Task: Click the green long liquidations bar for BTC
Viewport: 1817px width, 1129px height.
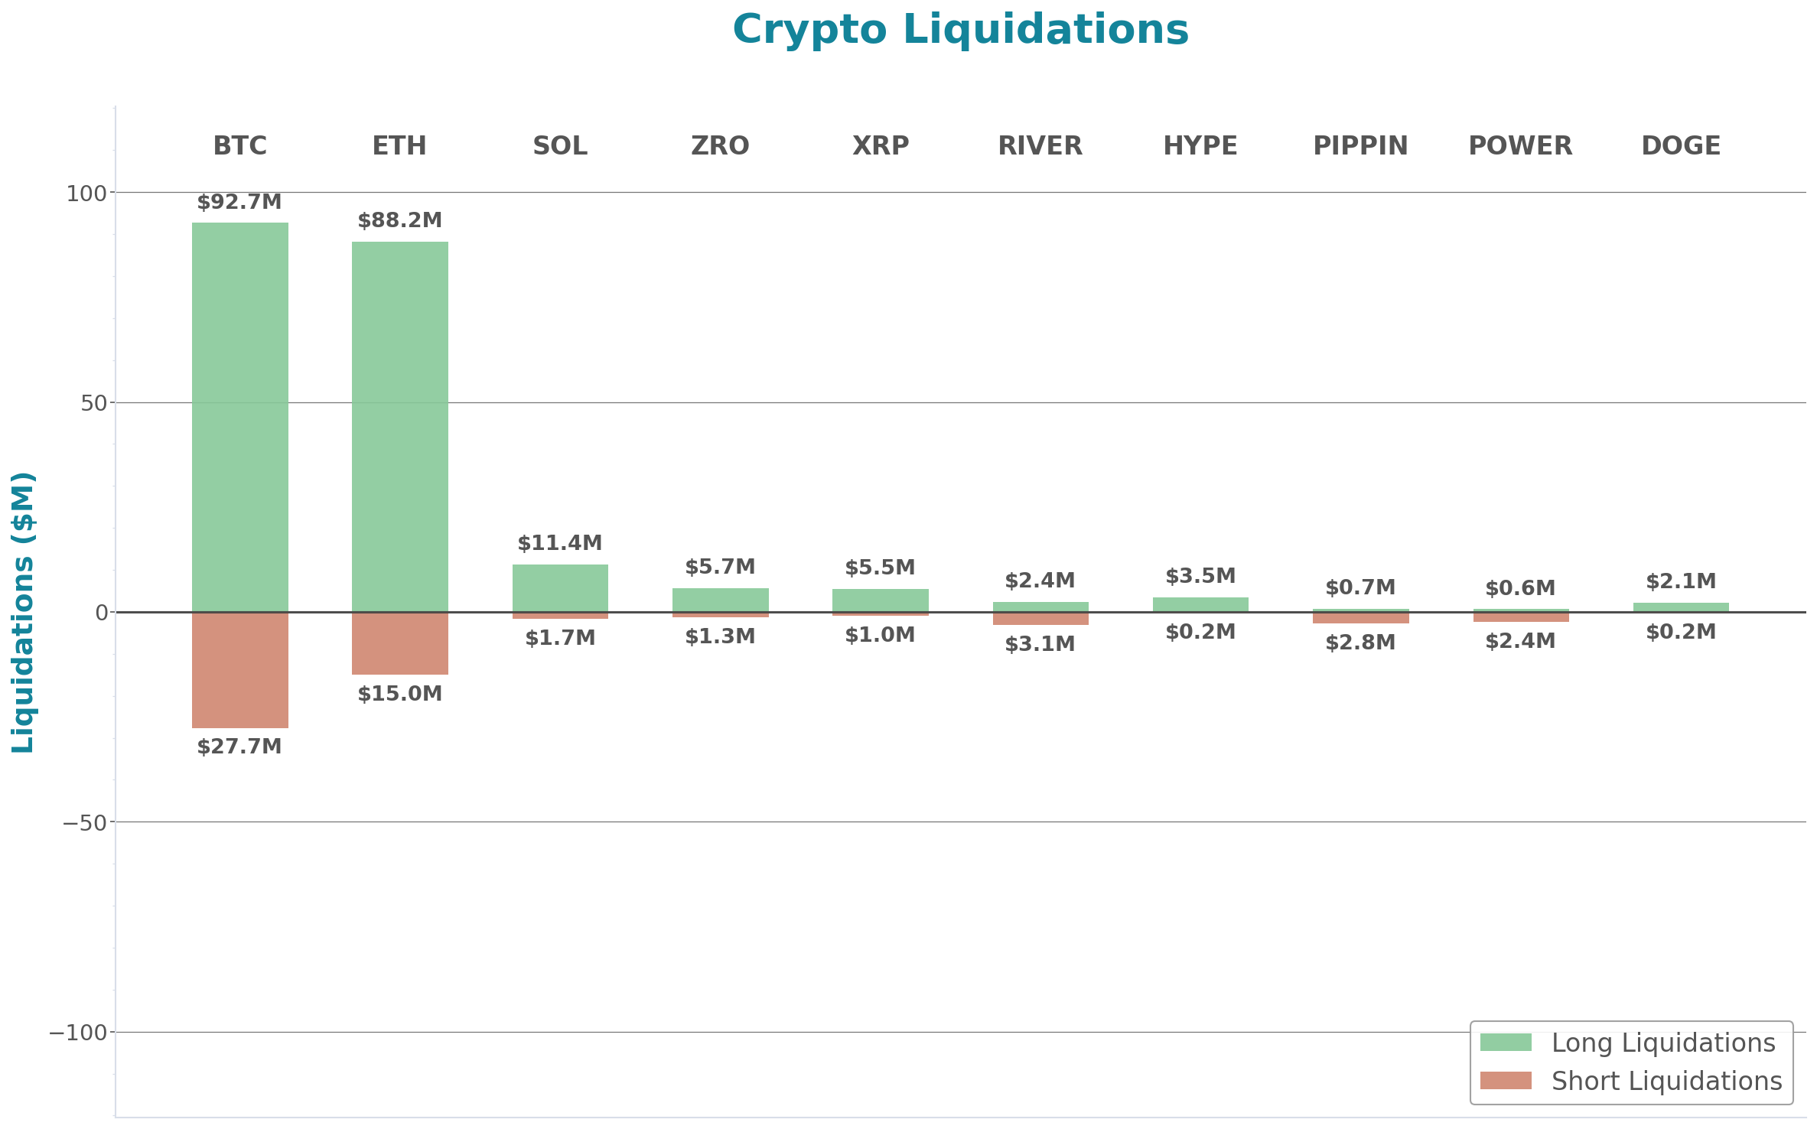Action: [x=239, y=417]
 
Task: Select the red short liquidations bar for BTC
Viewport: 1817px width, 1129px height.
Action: [x=239, y=670]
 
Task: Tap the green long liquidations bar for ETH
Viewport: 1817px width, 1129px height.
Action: [x=399, y=427]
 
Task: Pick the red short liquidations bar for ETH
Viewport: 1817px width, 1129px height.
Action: [x=399, y=643]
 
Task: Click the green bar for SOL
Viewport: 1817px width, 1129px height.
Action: [x=560, y=587]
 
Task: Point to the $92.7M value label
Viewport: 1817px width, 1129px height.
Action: [x=239, y=202]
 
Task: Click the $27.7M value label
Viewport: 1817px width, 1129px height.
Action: [x=239, y=747]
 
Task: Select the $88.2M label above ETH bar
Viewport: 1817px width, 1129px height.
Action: [x=399, y=220]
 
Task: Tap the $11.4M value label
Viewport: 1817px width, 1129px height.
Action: [x=560, y=543]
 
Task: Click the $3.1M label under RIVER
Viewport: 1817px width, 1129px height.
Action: [x=1040, y=644]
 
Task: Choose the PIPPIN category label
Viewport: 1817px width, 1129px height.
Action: [x=1360, y=145]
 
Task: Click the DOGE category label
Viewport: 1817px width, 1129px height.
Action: [x=1681, y=145]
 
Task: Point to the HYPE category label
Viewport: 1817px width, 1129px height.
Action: [x=1200, y=145]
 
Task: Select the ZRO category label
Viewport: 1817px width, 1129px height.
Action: [x=720, y=145]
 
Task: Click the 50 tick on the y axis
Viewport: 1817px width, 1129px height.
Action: [x=93, y=403]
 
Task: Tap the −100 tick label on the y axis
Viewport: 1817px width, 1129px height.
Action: [x=78, y=1033]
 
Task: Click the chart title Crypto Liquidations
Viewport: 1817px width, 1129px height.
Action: [x=960, y=30]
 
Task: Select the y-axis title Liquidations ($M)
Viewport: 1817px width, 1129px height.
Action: [x=23, y=612]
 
